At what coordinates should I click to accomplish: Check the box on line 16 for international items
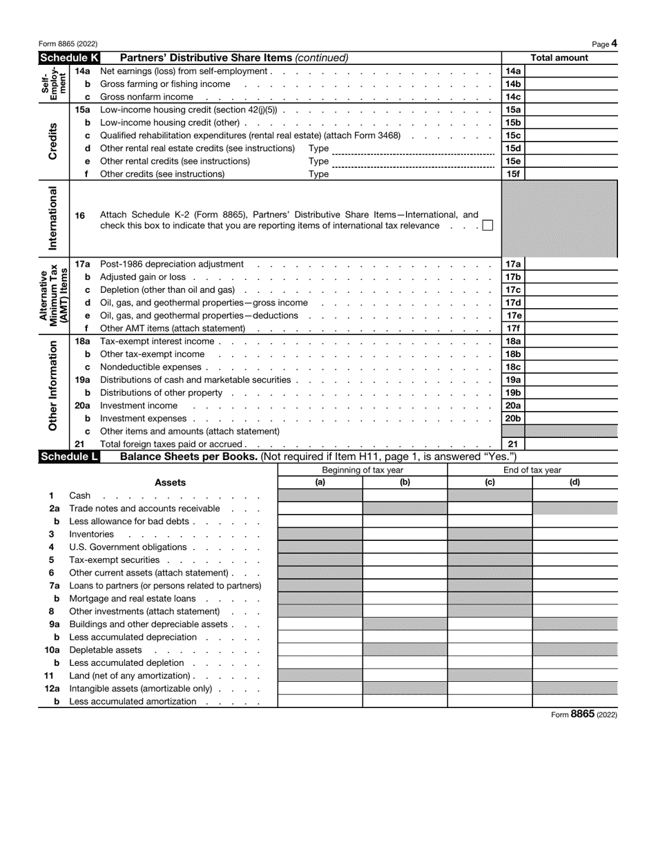coord(488,225)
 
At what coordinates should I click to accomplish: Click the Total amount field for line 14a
coord(570,71)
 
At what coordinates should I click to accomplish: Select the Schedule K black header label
coord(69,58)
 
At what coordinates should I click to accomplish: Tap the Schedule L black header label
coord(69,457)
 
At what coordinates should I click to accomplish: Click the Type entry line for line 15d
coord(412,149)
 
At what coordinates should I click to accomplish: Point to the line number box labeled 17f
coord(513,328)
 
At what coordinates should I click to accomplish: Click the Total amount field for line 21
coord(570,444)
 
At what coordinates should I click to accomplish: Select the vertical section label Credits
coord(52,142)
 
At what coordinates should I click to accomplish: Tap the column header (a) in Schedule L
coord(320,483)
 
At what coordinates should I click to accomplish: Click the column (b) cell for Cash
coord(405,496)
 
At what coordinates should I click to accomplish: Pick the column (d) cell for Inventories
coord(575,535)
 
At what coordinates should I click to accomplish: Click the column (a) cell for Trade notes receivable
coord(320,508)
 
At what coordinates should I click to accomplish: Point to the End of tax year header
coord(532,470)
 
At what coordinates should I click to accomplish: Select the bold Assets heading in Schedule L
coord(170,483)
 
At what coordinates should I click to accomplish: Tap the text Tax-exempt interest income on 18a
coord(157,341)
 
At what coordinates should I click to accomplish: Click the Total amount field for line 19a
coord(570,380)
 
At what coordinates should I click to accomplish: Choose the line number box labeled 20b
coord(513,419)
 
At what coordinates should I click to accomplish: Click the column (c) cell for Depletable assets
coord(490,650)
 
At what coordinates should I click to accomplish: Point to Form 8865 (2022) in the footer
coord(583,715)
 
